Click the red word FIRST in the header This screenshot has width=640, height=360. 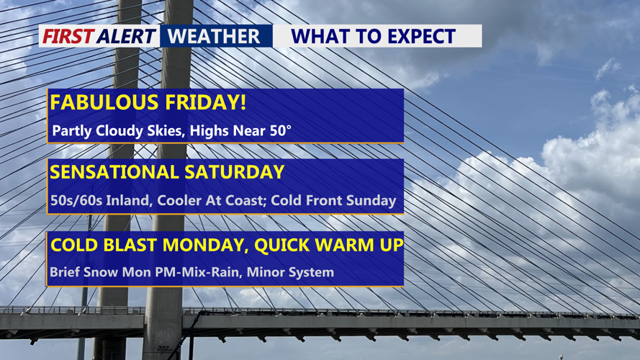68,36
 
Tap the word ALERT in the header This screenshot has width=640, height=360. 126,36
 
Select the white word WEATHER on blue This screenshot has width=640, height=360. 214,36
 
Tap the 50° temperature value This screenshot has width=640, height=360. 281,130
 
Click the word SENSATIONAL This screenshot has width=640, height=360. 114,172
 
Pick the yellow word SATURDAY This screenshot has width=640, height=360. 234,172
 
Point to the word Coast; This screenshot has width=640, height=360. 245,200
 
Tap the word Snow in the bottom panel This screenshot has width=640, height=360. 100,272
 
